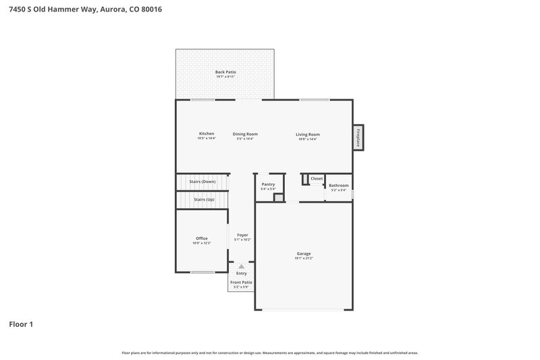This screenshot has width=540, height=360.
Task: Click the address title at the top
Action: (86, 10)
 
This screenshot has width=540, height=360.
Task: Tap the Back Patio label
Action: (225, 72)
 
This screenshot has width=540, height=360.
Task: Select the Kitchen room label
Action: (207, 134)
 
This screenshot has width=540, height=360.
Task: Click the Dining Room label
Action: (245, 134)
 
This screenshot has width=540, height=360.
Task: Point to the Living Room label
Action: (308, 134)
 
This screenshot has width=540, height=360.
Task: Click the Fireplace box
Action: (358, 137)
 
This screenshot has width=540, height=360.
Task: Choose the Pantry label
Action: (268, 184)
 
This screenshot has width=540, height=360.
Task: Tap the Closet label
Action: (317, 178)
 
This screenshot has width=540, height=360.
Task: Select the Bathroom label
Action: (339, 185)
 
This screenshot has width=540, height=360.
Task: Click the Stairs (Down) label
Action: (202, 182)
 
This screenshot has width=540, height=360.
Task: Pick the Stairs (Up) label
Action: (204, 199)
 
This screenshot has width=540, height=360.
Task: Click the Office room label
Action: (202, 238)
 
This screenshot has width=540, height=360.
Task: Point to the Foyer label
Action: (242, 235)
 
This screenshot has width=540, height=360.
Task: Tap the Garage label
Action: (303, 254)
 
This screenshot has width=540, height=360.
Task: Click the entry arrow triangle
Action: (241, 267)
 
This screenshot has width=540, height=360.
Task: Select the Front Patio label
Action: (241, 282)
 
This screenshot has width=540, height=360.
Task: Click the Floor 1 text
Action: (21, 324)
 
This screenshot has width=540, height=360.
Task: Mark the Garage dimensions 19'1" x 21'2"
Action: (303, 259)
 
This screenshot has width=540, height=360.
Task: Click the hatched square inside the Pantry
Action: (278, 198)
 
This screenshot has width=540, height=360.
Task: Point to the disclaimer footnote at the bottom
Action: (270, 353)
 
